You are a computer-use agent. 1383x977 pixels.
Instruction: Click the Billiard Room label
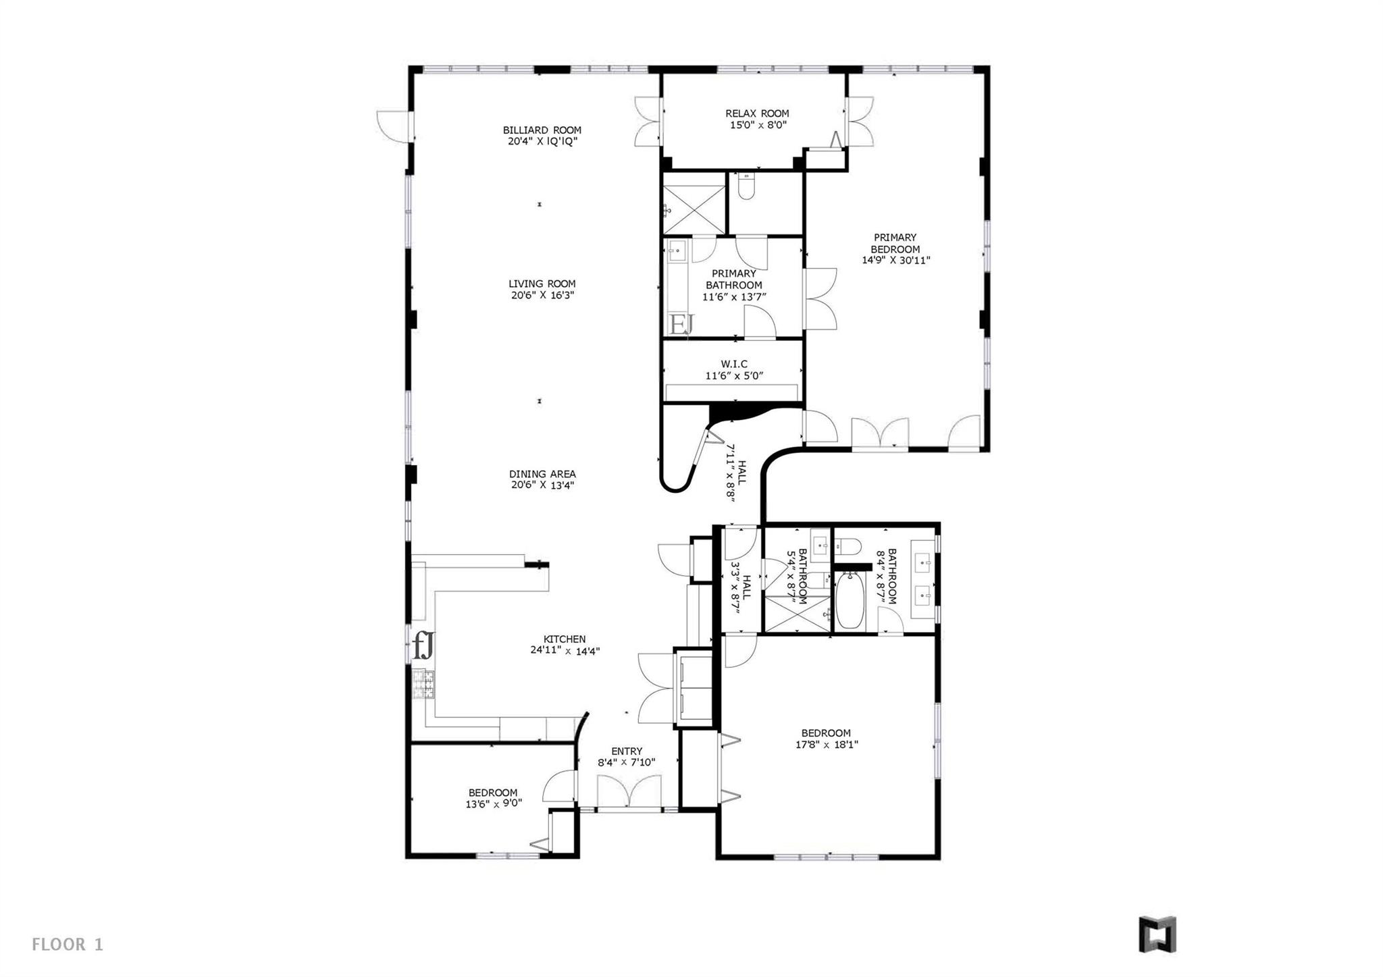(x=542, y=130)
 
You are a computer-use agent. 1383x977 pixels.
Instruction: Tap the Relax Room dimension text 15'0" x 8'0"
(x=756, y=125)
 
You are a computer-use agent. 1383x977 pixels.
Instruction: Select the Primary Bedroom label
(x=895, y=243)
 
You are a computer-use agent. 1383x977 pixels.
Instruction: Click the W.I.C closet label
(x=734, y=364)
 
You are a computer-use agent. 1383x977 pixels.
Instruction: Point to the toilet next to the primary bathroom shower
(x=746, y=187)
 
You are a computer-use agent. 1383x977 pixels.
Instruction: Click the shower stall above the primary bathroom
(x=694, y=203)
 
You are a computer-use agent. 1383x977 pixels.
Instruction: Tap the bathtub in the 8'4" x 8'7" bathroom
(x=850, y=600)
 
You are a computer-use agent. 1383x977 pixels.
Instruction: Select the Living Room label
(x=542, y=284)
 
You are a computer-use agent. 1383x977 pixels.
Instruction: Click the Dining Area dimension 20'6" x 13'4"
(x=542, y=485)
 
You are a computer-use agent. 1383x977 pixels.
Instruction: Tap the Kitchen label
(x=565, y=639)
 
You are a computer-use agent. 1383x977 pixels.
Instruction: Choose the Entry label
(x=627, y=751)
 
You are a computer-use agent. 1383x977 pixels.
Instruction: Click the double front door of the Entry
(x=629, y=791)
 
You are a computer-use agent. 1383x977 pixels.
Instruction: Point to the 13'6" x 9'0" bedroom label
(x=493, y=798)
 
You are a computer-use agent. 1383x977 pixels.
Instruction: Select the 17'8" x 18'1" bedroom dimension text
(x=826, y=745)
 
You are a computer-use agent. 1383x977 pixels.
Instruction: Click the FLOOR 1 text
(x=68, y=945)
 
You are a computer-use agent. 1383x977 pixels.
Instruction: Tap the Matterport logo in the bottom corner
(x=1157, y=934)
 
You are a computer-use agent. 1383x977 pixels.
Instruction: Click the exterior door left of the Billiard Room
(x=394, y=126)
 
